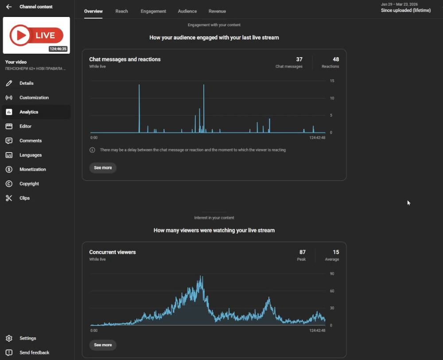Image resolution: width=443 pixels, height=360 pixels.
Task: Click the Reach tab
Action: coord(121,12)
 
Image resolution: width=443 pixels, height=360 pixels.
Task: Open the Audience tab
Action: coord(187,12)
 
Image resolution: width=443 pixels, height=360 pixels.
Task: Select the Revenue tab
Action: coord(217,12)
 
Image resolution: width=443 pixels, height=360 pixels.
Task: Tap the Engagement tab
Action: coord(153,12)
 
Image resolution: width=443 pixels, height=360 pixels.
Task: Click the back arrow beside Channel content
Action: coord(9,7)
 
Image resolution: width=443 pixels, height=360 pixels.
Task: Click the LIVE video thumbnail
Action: coord(36,35)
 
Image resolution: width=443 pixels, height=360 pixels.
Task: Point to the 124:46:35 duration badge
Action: coord(58,49)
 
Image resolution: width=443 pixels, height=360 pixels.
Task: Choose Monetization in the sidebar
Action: coord(32,169)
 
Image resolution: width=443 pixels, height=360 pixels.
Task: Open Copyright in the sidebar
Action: coord(29,184)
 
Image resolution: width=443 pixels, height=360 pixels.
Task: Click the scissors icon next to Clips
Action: coord(9,198)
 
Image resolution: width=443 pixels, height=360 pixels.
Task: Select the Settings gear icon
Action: coord(9,338)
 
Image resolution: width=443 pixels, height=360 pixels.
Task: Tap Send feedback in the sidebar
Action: coord(34,352)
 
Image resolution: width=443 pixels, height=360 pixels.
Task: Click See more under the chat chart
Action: coord(103,168)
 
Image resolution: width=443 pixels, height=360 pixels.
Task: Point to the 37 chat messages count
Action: coord(299,59)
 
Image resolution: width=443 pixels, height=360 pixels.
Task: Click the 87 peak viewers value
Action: coord(302,252)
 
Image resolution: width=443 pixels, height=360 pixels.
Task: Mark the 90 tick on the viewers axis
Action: coord(332,274)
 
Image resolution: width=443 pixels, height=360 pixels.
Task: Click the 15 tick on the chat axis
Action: coord(332,81)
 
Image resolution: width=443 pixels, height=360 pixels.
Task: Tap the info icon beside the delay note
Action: coord(93,150)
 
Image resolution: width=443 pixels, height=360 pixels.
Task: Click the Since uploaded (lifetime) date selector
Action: coord(406,11)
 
